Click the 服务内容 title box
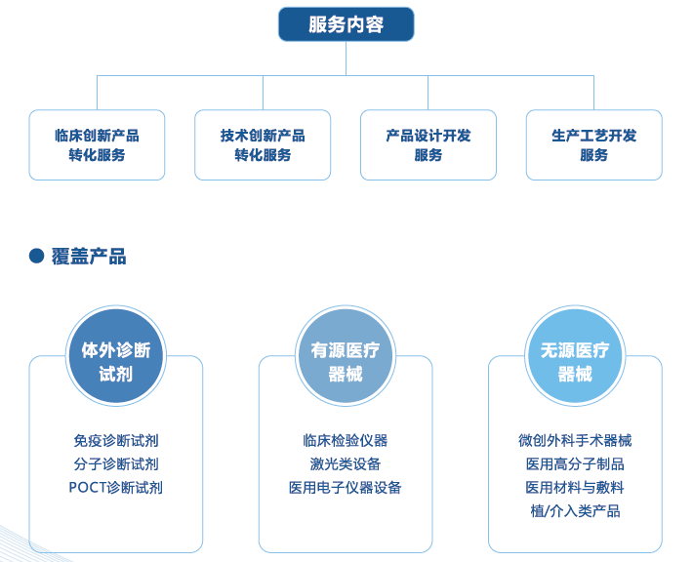tap(346, 24)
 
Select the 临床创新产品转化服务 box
tap(97, 145)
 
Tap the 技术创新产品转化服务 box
tap(263, 145)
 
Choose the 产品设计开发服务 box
tap(428, 145)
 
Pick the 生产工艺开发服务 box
tap(594, 145)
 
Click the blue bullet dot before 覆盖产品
tap(36, 256)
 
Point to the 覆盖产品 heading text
tap(89, 257)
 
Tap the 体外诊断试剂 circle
tap(116, 356)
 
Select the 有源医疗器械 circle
tap(346, 356)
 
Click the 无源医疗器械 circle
tap(575, 356)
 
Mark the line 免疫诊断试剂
tap(116, 440)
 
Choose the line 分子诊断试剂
tap(116, 463)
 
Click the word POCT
tap(85, 488)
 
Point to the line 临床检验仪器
tap(346, 440)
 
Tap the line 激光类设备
tap(346, 463)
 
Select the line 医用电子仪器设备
tap(346, 488)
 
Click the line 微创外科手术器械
tap(575, 440)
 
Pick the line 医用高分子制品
tap(575, 463)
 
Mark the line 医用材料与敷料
tap(575, 488)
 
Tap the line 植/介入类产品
tap(575, 511)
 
